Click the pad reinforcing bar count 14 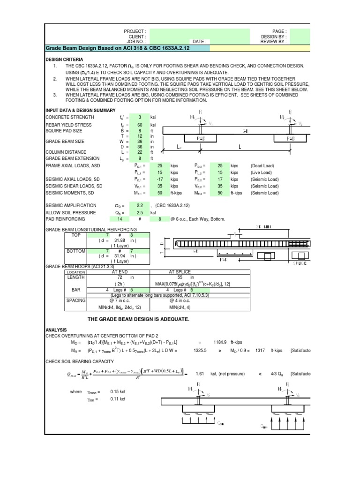(120, 219)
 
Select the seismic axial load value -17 (160, 179)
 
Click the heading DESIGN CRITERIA (64, 60)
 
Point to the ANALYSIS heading (56, 330)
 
